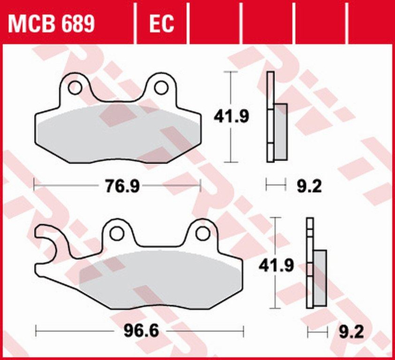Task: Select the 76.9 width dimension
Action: tap(118, 186)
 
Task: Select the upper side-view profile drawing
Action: tap(276, 117)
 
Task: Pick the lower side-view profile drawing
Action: tap(315, 264)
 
